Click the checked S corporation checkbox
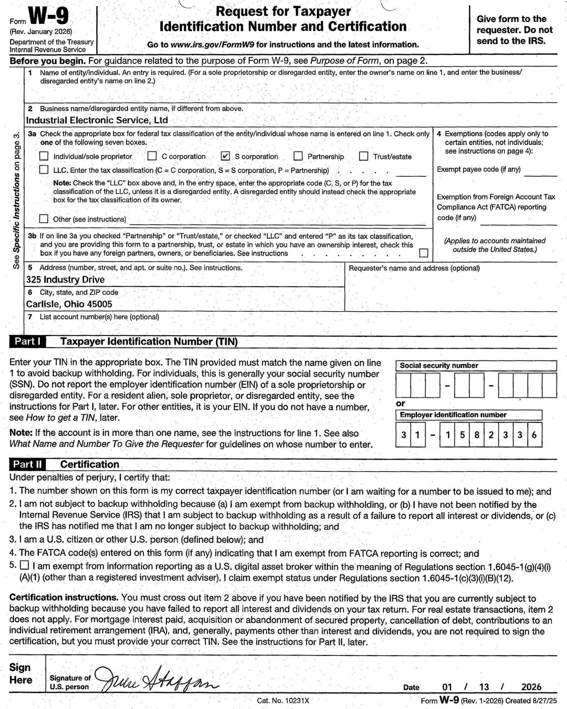coord(225,156)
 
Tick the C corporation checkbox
coord(152,156)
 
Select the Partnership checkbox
coord(298,156)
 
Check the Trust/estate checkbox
coord(364,156)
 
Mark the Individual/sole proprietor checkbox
coord(44,156)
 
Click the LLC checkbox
coord(44,170)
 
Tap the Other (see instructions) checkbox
coord(44,219)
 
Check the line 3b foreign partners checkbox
coord(424,253)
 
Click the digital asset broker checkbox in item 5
coord(24,565)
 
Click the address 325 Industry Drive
coord(65,279)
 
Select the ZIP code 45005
coord(99,304)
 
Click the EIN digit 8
coord(477,435)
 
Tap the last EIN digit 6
coord(534,435)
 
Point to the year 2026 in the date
coord(531,687)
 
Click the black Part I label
coord(28,342)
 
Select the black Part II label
coord(28,464)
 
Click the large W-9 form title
coord(49,16)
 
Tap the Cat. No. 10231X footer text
coord(283,700)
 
